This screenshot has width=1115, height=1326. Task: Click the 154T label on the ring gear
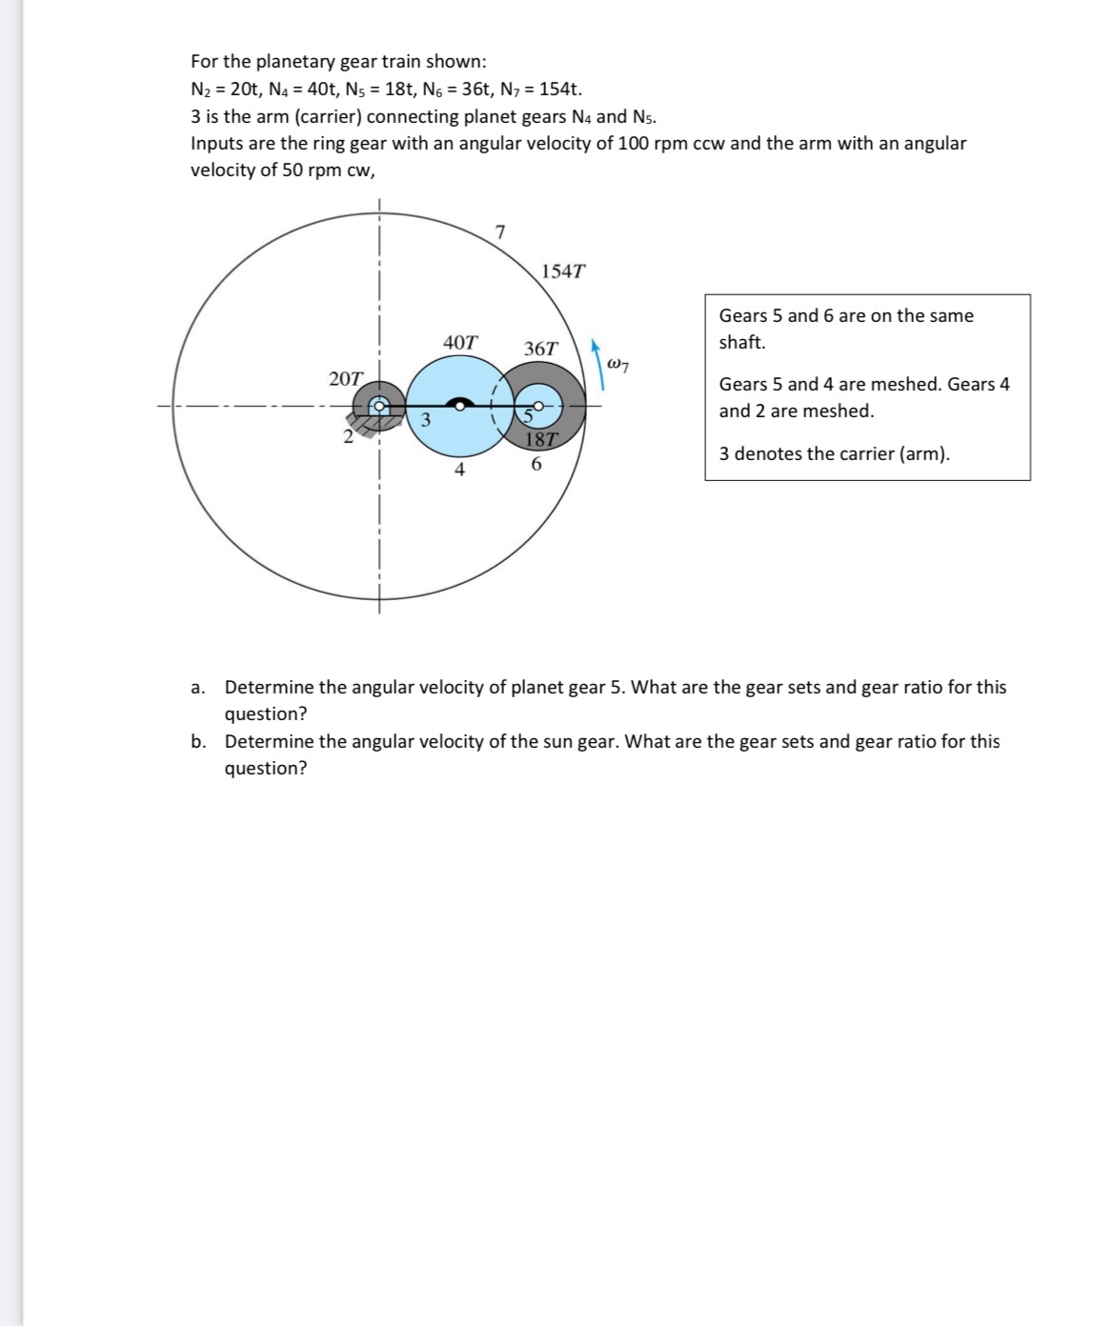(562, 271)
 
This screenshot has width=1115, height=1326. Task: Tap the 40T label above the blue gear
(461, 341)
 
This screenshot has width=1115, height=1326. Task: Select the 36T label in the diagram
(541, 349)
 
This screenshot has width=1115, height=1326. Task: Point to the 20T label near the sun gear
(345, 378)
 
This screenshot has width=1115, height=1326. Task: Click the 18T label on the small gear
(541, 439)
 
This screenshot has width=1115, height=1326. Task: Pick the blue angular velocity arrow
(598, 363)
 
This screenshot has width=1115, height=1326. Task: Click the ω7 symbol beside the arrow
(618, 363)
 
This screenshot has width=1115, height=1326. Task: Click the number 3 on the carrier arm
(426, 419)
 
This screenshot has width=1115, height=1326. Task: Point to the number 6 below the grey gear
(536, 465)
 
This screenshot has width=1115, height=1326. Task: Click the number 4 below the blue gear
(459, 469)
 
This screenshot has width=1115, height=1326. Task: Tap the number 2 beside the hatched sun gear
(349, 437)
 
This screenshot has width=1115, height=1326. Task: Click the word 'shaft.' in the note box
(741, 342)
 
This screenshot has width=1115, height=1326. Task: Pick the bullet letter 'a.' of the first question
(197, 688)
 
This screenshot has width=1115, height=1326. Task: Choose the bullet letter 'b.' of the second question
(197, 742)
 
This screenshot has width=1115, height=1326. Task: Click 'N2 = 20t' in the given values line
(228, 90)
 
